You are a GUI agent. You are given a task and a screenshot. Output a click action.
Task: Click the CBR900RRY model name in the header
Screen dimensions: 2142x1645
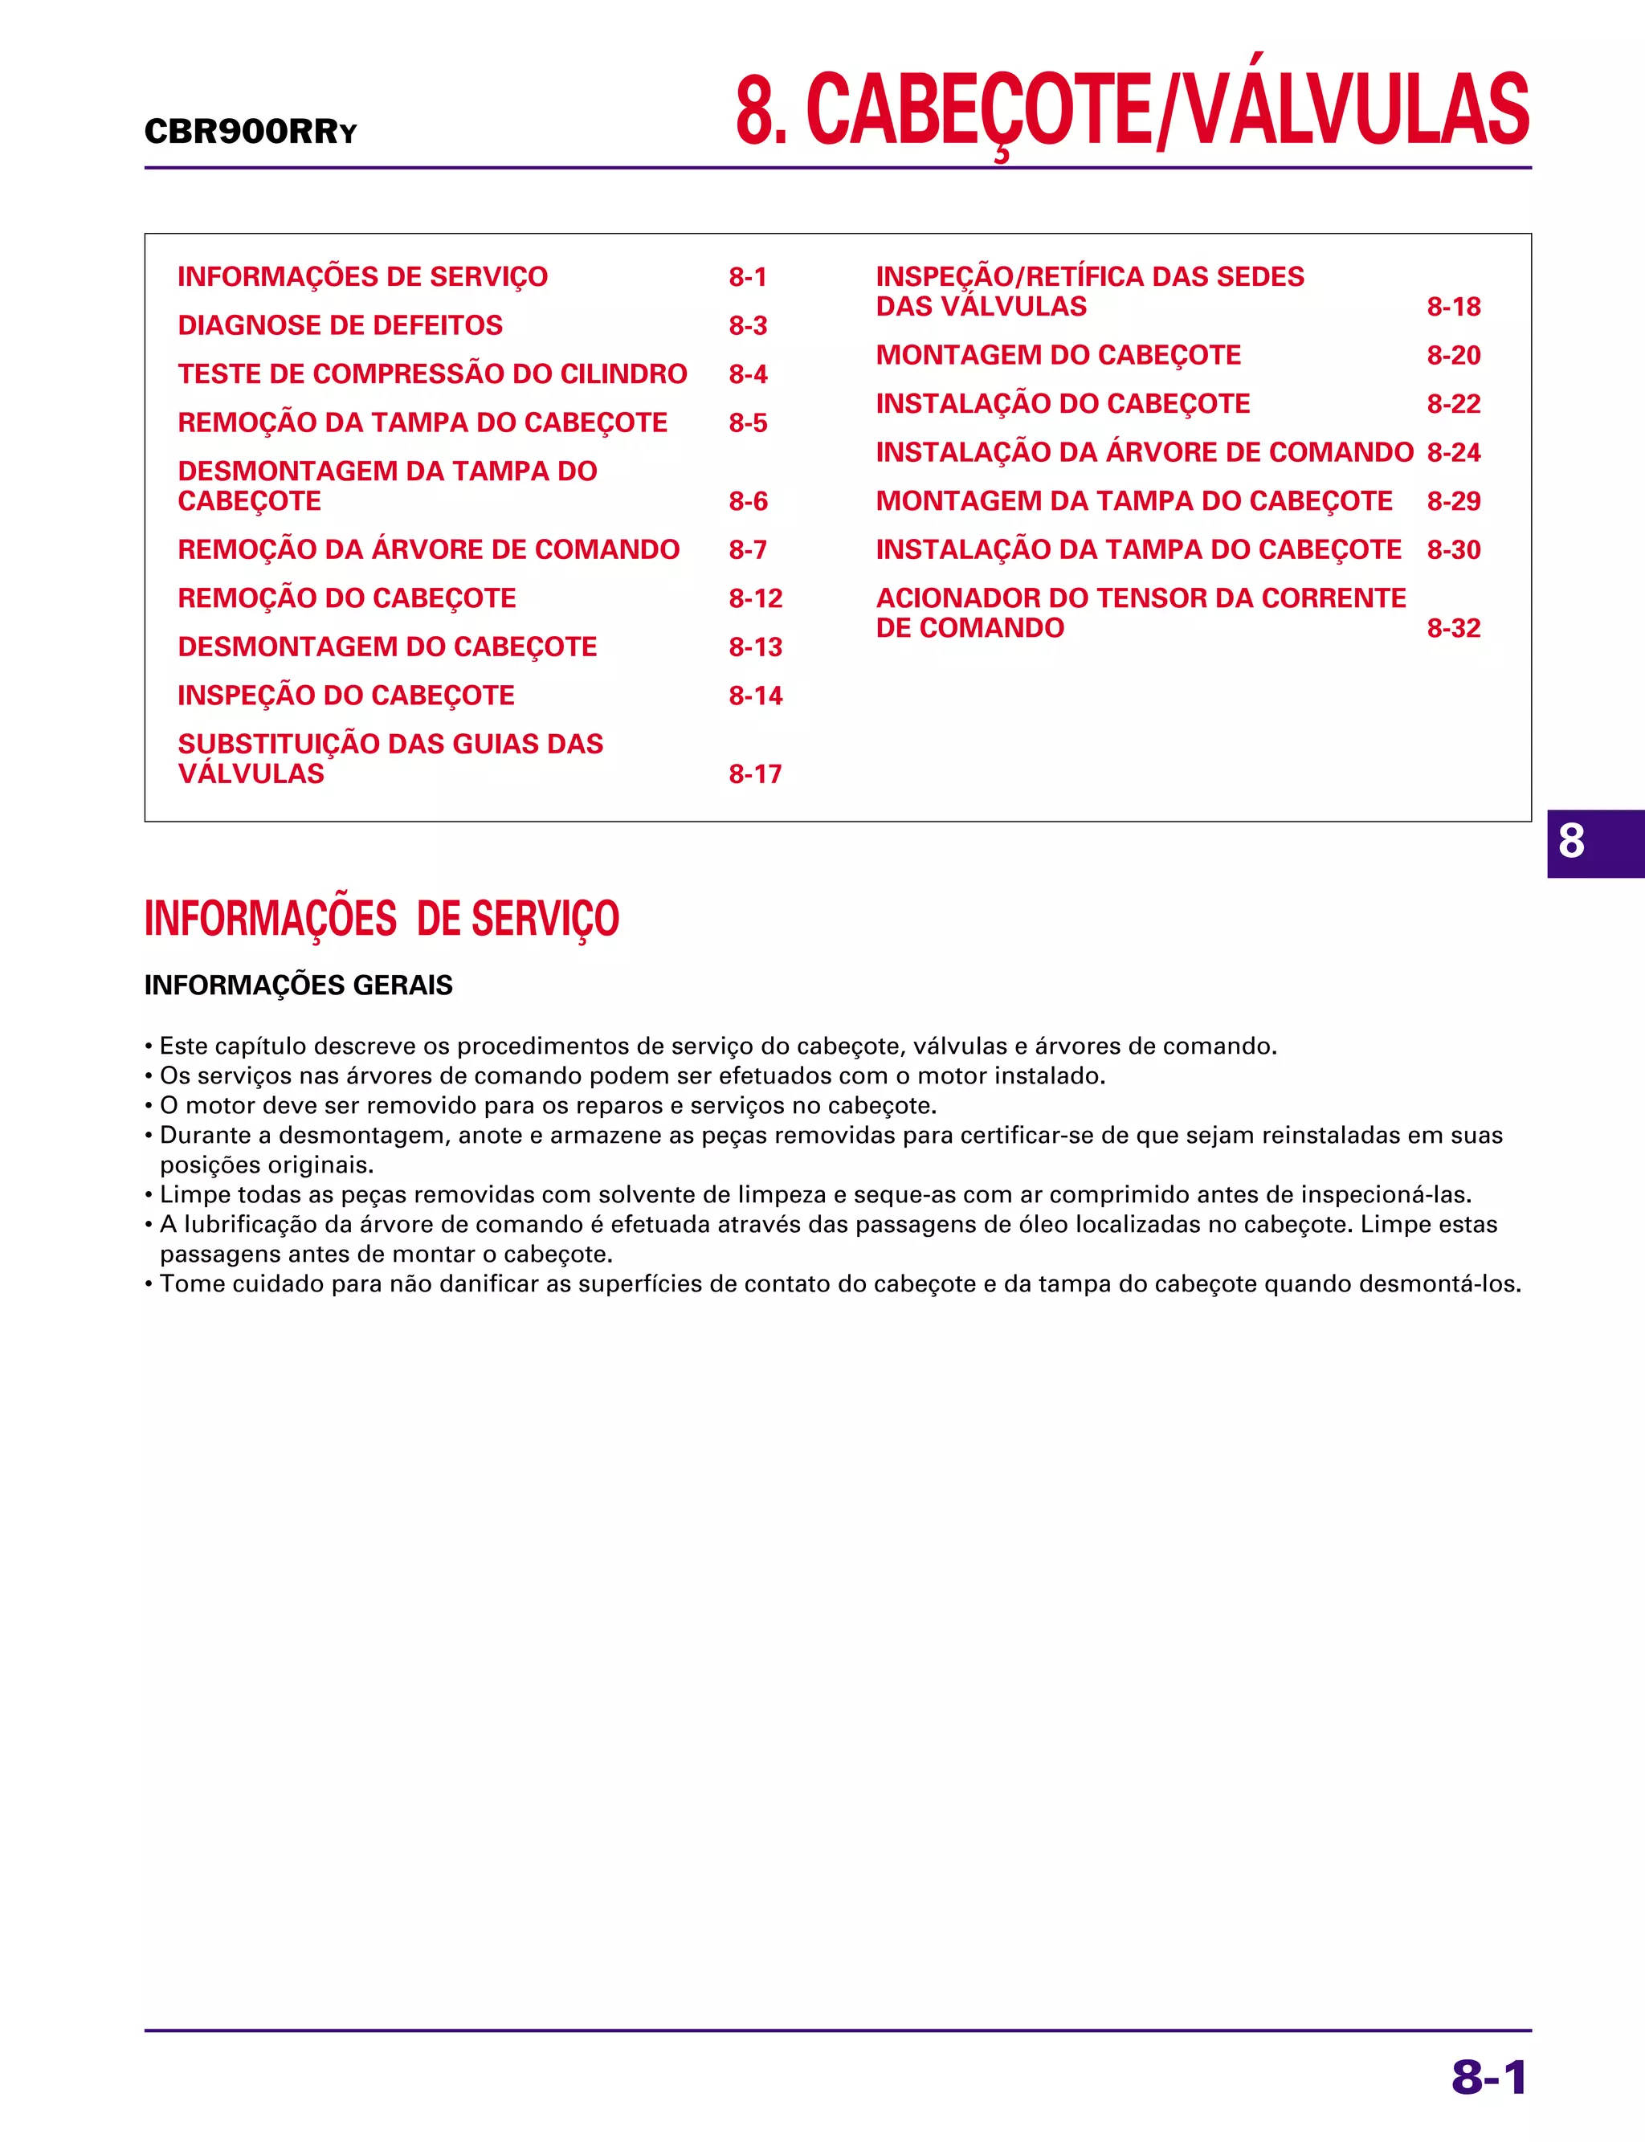[250, 131]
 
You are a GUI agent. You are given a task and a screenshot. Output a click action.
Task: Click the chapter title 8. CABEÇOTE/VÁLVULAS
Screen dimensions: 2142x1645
[1132, 110]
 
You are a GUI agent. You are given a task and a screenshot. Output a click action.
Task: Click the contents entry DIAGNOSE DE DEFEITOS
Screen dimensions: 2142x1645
[340, 325]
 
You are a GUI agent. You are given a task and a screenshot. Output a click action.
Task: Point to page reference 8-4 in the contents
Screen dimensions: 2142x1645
[747, 374]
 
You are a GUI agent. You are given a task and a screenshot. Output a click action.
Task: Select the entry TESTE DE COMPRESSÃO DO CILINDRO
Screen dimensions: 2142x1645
[432, 374]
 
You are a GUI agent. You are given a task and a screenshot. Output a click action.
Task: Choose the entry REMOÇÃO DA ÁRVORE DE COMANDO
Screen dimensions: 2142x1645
[428, 549]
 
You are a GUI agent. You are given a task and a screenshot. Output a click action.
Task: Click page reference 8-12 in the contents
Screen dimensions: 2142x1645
[755, 598]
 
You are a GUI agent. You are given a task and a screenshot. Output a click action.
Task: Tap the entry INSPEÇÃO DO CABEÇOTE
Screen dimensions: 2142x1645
[345, 695]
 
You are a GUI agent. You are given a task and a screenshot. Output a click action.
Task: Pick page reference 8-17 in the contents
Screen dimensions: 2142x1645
[755, 774]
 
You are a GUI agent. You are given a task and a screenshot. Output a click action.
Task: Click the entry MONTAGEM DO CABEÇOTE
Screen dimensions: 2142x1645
[1058, 354]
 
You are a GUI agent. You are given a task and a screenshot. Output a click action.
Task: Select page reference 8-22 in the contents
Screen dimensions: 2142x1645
[1453, 403]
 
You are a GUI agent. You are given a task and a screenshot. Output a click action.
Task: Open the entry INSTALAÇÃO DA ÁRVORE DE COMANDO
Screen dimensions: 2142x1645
[1144, 452]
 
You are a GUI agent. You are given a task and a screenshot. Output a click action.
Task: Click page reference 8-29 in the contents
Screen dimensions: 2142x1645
[1453, 501]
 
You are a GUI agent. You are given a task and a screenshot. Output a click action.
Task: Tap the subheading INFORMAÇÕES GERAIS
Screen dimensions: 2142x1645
[298, 985]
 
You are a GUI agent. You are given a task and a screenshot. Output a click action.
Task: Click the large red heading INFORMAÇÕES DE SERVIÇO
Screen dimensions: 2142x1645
[381, 918]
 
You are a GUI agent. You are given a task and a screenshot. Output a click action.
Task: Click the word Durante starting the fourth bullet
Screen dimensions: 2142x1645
[202, 1136]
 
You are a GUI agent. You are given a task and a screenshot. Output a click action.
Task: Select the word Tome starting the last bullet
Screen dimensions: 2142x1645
[190, 1283]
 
